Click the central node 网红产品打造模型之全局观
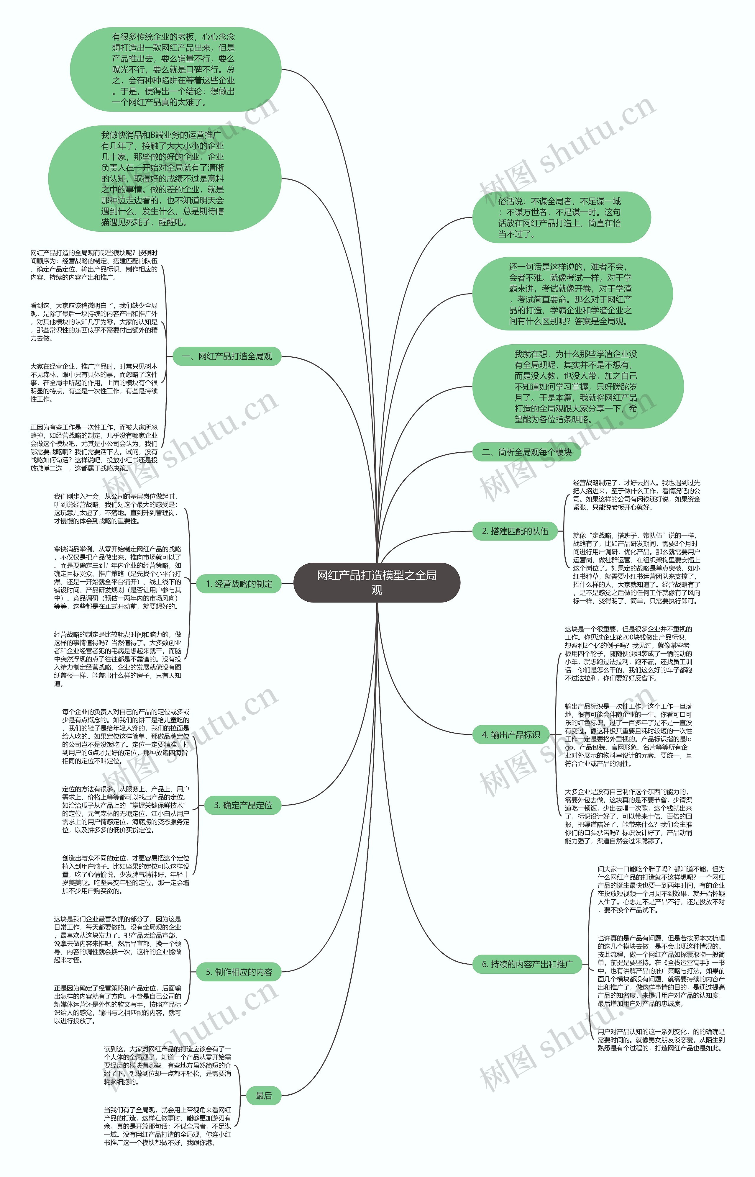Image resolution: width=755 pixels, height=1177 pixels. coord(377,582)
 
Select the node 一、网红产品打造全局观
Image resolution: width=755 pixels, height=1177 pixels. coord(227,356)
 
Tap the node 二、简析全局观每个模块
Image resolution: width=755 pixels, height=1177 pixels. coord(526,452)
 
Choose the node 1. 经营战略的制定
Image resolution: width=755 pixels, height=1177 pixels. coord(239,584)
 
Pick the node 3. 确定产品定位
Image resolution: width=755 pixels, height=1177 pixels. coord(243,805)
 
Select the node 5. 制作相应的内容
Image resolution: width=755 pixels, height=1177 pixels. coord(239,972)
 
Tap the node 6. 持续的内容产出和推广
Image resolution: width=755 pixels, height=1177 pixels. coord(527,964)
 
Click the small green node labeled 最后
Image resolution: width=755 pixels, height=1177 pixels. coord(264,1096)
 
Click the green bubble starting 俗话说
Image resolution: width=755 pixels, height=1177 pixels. coord(561,217)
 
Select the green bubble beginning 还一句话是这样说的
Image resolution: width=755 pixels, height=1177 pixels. coord(572,294)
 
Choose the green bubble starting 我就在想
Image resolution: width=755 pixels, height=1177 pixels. coord(577,387)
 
